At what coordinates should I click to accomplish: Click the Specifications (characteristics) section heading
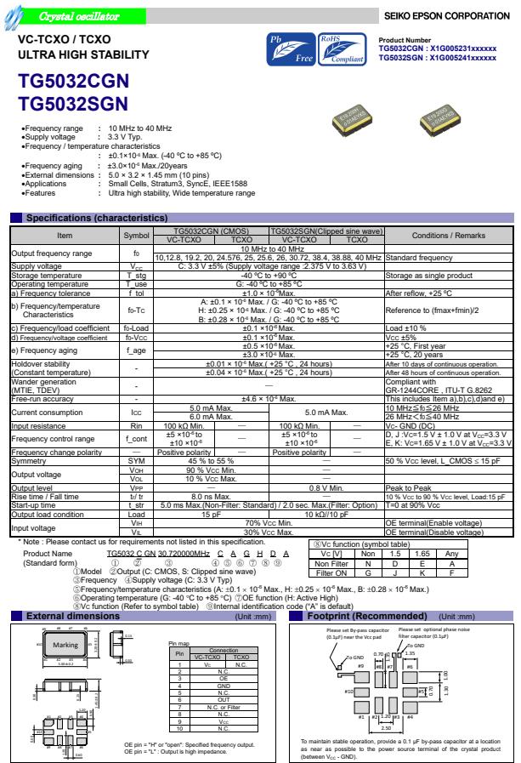click(94, 218)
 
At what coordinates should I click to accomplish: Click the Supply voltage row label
click(33, 265)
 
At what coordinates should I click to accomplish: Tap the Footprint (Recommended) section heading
click(355, 567)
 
